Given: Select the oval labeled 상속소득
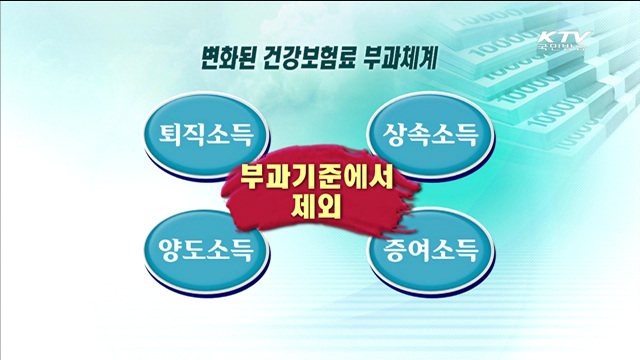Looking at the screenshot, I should (431, 133).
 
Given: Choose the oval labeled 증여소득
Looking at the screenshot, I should (431, 247).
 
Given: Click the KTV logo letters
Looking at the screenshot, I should (562, 39).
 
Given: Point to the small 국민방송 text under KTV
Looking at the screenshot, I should (562, 52).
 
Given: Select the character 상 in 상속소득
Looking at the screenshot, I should (393, 133).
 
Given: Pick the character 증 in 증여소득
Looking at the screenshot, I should (393, 247).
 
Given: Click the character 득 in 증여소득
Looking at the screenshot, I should (469, 247).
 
